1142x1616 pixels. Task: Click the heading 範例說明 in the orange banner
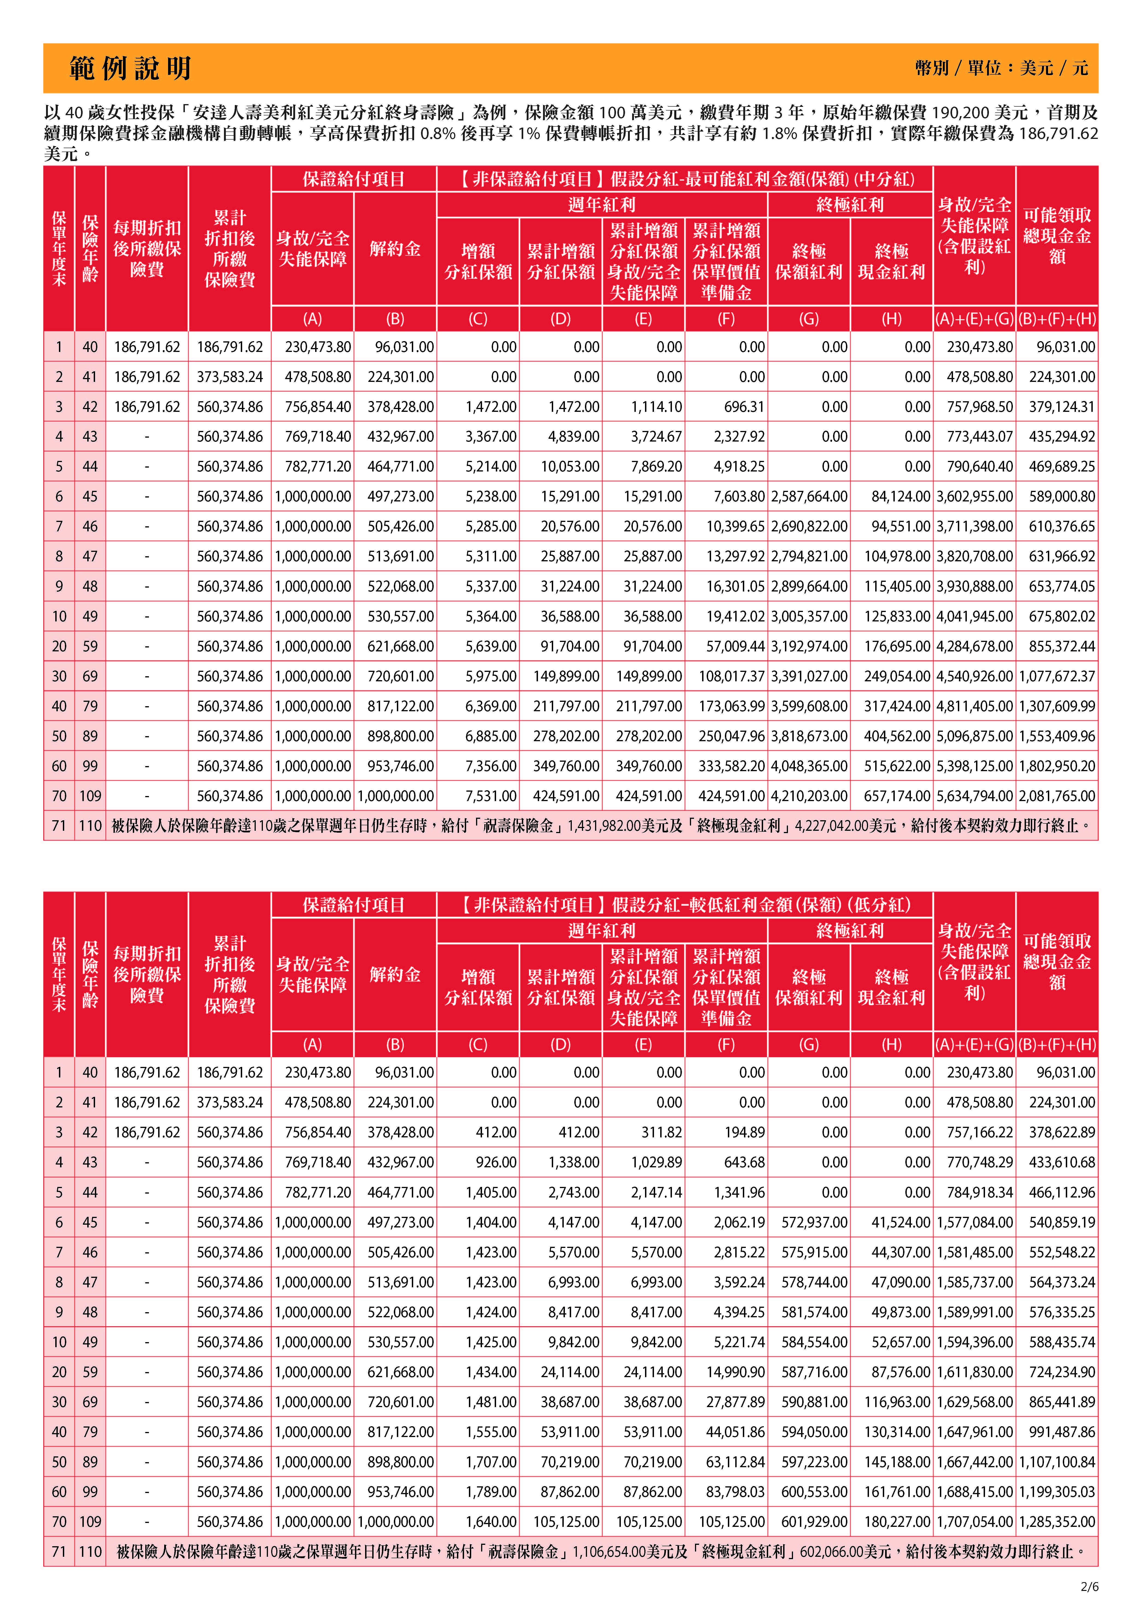[x=130, y=68]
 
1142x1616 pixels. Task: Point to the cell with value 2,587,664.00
[x=809, y=496]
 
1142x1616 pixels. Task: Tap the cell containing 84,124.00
[x=901, y=496]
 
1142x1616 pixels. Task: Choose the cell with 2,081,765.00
[x=1058, y=796]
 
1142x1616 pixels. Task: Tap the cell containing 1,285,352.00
[x=1058, y=1522]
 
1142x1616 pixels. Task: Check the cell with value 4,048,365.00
[x=809, y=766]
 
